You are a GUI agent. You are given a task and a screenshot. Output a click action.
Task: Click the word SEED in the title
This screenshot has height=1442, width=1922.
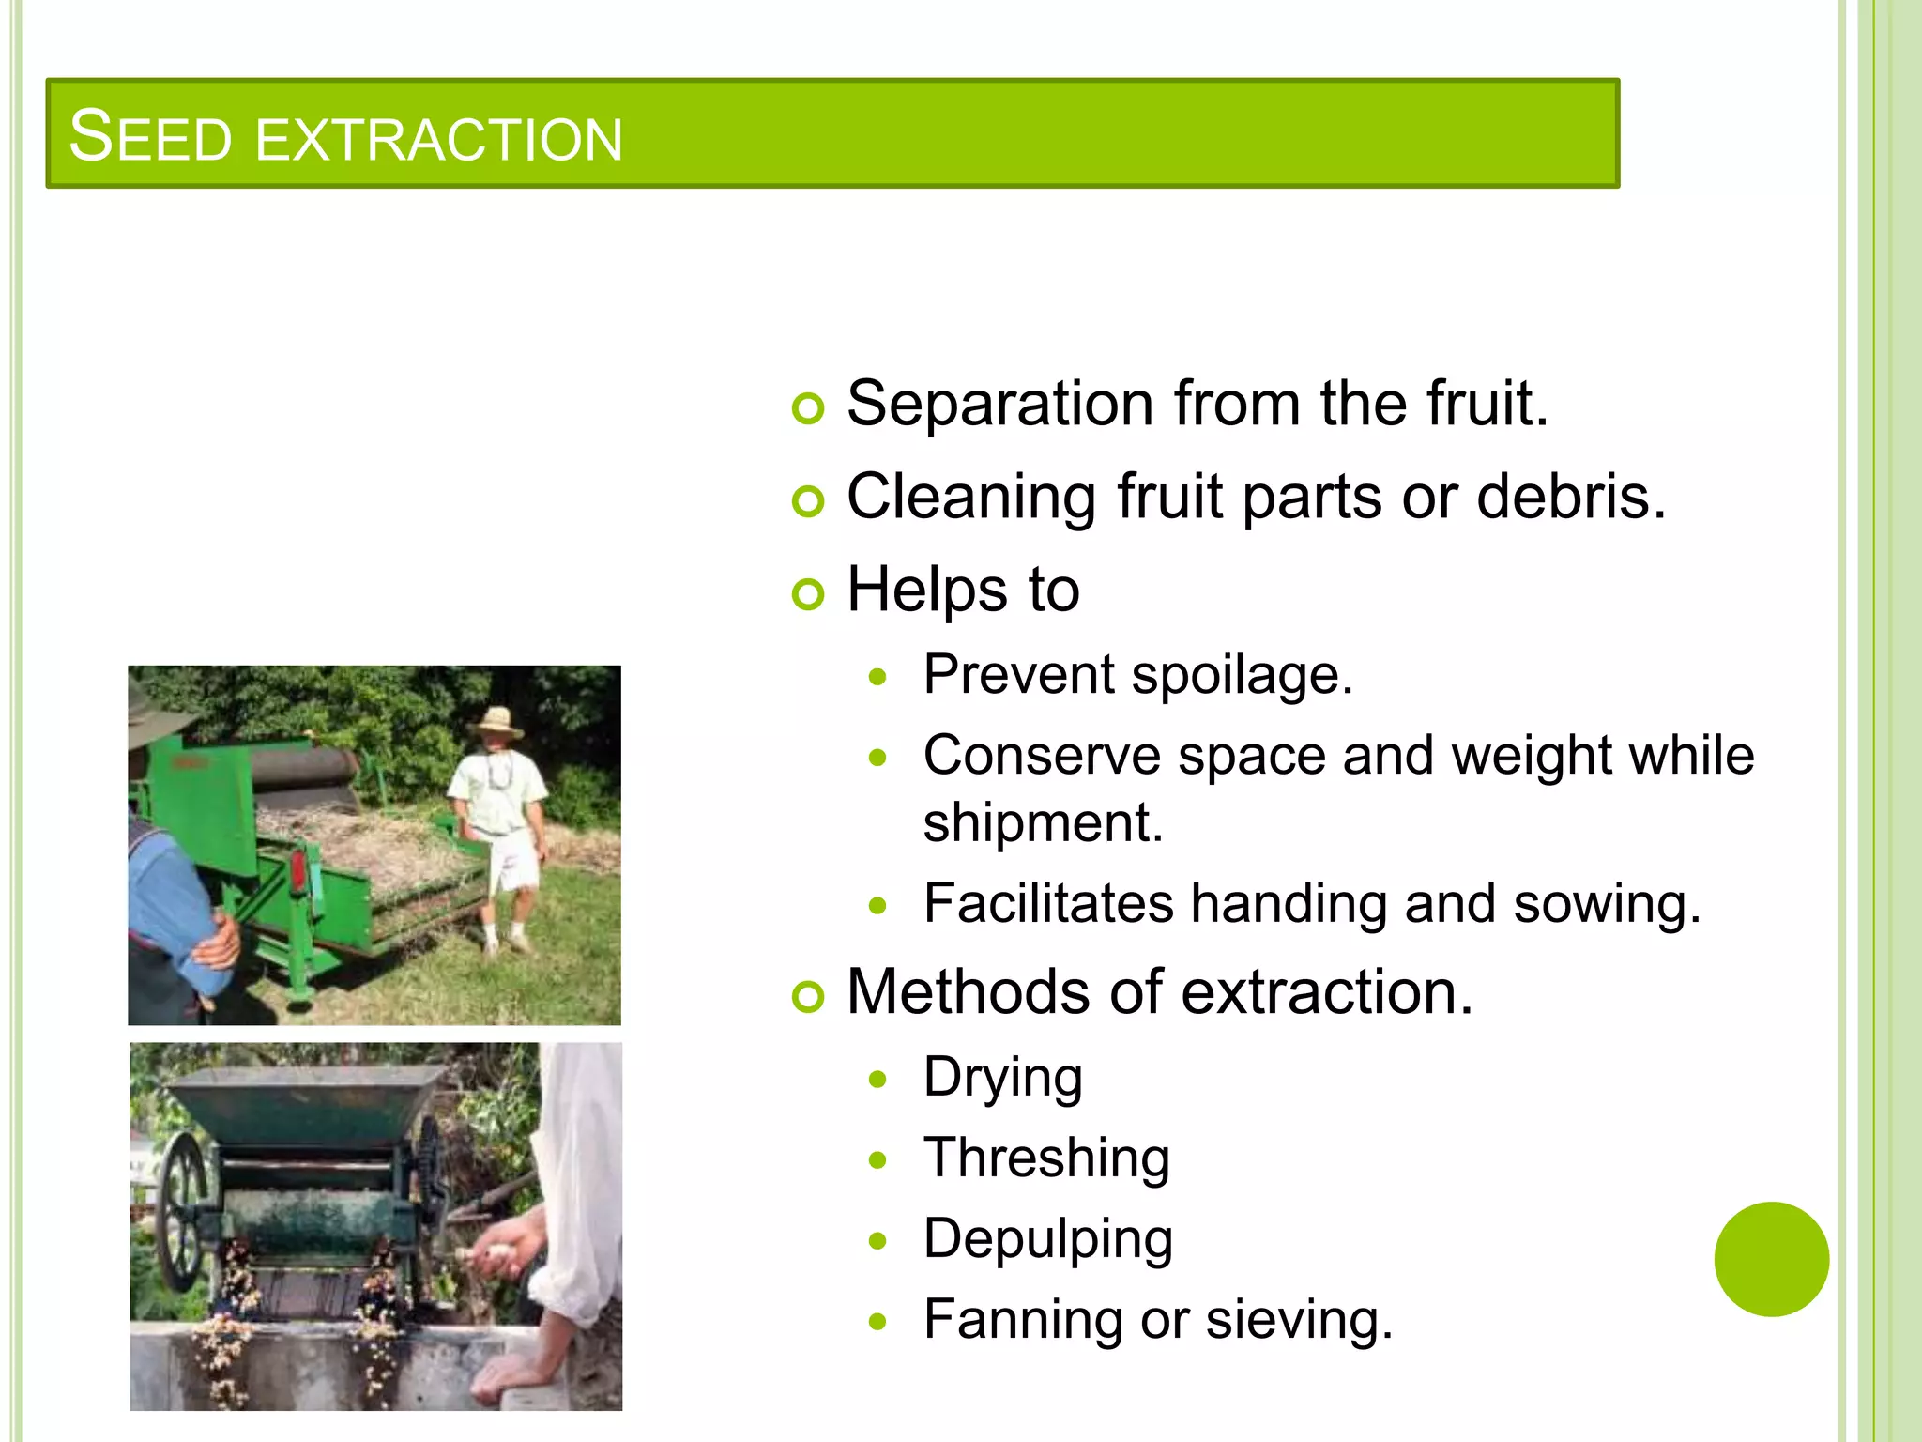pos(150,137)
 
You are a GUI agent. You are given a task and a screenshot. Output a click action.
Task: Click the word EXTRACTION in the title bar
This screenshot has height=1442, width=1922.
pos(438,139)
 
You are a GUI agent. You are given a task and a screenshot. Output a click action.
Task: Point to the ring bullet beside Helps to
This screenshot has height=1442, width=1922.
pos(807,594)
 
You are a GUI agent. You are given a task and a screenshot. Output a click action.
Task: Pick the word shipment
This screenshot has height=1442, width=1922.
pos(1042,822)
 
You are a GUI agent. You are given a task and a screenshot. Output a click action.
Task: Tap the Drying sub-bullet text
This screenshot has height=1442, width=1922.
pos(1002,1077)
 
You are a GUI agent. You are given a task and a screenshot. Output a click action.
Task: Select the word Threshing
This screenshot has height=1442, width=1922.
pos(1045,1158)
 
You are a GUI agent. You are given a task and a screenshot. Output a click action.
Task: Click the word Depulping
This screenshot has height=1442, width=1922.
pos(1047,1238)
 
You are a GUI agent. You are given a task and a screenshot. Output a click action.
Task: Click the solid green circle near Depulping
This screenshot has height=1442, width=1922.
pos(1771,1259)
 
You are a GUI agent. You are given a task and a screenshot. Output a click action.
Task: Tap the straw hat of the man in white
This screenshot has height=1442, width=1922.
pos(496,721)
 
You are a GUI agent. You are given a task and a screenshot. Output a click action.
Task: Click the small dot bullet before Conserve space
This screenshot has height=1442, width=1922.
pos(877,757)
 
